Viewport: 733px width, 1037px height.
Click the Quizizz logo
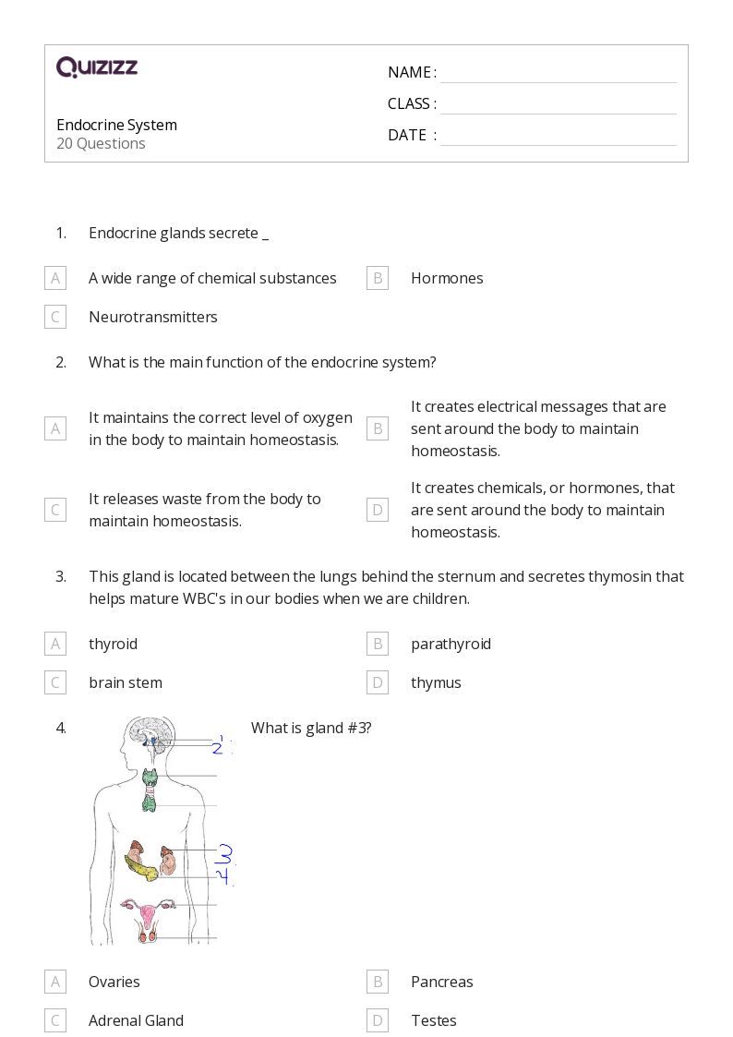[x=97, y=67]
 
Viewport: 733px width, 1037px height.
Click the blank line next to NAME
[x=558, y=74]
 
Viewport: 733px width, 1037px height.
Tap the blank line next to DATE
[x=558, y=137]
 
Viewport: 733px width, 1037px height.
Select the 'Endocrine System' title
[x=116, y=125]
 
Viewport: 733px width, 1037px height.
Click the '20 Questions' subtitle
[x=101, y=143]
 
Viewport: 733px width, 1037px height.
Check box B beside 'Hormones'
[x=378, y=278]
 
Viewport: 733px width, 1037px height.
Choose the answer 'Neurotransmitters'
[x=153, y=317]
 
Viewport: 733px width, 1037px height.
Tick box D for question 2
[x=378, y=510]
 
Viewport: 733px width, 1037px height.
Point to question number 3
[x=61, y=576]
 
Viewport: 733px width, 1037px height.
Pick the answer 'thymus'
[x=436, y=682]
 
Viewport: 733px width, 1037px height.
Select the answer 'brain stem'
[x=126, y=682]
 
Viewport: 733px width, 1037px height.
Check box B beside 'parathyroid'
[x=378, y=644]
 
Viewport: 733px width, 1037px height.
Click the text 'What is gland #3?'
[x=311, y=728]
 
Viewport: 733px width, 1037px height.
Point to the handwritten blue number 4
[x=223, y=875]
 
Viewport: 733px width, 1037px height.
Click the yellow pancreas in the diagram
[x=142, y=868]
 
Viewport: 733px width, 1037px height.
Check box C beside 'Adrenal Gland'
[x=55, y=1020]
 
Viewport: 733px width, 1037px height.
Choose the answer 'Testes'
[x=434, y=1020]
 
